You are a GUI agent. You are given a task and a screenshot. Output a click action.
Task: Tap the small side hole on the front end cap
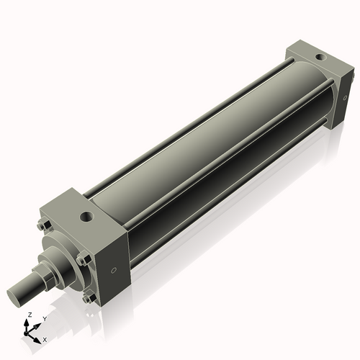(113, 271)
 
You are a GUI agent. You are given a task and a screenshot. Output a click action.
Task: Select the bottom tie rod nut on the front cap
(88, 299)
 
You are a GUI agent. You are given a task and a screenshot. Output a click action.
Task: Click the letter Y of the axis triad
(44, 318)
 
